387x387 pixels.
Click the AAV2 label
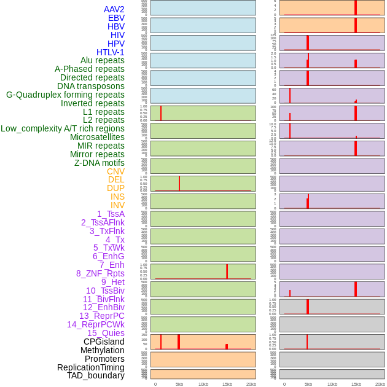coord(114,10)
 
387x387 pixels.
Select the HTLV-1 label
coord(111,52)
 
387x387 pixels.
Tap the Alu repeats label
coord(103,61)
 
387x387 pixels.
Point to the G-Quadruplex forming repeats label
coord(65,95)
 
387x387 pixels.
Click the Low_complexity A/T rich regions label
coord(63,128)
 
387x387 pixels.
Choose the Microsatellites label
coord(97,137)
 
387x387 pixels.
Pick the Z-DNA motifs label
coord(100,163)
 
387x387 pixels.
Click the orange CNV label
coord(115,171)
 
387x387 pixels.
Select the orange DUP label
coord(115,188)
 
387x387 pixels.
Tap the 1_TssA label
coord(111,214)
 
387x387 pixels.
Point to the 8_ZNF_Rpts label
coord(100,273)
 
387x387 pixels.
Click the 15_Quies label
coord(106,333)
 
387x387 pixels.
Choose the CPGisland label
coord(104,342)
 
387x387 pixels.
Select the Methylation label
coord(103,350)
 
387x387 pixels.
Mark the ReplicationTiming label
coord(91,367)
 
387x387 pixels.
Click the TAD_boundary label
coord(96,375)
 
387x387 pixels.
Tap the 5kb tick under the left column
coord(179,384)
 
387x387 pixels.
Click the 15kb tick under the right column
coord(356,384)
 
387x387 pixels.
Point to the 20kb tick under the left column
coord(251,384)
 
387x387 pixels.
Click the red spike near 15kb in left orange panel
coord(227,346)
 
